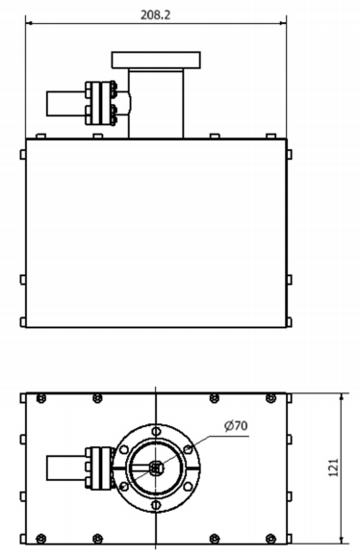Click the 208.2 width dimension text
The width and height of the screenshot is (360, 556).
(156, 14)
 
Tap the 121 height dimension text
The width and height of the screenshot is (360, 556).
(334, 468)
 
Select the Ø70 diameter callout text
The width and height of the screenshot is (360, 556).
(236, 425)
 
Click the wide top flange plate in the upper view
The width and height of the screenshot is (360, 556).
(156, 60)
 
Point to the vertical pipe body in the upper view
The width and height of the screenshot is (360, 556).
(156, 104)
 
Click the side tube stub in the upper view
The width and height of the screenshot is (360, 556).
(66, 104)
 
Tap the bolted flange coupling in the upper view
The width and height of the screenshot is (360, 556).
(101, 104)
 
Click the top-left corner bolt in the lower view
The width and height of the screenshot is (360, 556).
(41, 398)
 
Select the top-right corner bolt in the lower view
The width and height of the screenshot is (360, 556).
(271, 398)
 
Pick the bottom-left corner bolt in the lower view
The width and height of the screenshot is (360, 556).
(41, 539)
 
